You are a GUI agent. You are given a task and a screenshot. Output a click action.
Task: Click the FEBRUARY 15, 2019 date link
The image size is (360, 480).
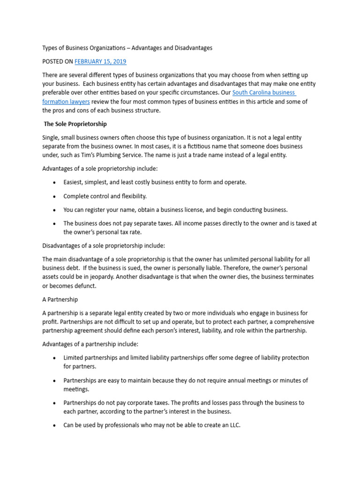tap(100, 61)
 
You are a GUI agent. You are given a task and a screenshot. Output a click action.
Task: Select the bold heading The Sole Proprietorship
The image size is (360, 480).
tap(75, 124)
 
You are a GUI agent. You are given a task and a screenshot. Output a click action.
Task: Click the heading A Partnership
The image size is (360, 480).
tap(60, 299)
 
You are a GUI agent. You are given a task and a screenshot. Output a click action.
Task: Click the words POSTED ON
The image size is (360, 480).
tap(58, 61)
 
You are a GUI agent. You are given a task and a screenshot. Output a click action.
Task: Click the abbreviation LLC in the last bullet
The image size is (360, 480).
tap(233, 425)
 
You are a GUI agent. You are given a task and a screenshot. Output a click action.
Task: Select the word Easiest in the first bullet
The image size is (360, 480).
tap(74, 182)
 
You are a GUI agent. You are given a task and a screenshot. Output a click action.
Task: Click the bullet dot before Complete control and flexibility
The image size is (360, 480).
tap(55, 196)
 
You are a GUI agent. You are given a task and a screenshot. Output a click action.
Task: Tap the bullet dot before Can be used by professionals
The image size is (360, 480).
tap(55, 426)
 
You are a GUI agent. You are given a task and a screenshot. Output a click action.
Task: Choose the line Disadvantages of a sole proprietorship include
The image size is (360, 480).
tap(104, 246)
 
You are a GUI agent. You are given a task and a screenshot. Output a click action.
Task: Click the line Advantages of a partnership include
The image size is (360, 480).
tap(90, 344)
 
